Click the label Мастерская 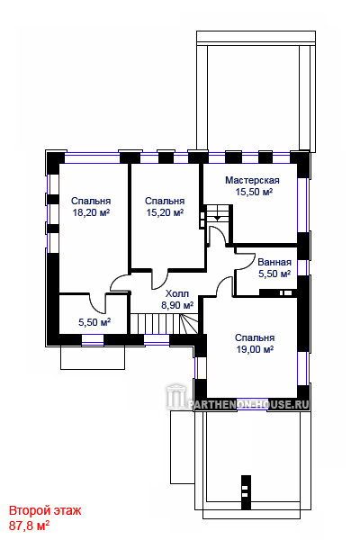coord(252,180)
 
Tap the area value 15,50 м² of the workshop coord(254,192)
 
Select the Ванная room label coord(274,262)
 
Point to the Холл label coord(177,293)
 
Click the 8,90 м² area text coord(177,305)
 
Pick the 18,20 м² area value coord(91,212)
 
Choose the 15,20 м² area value coord(165,212)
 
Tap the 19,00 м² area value coord(255,349)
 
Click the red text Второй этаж coord(45,510)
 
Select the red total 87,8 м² coord(29,526)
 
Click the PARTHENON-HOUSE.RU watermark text coord(248,404)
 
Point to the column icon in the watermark coord(176,397)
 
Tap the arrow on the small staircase coord(217,218)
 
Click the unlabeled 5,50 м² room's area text coord(94,322)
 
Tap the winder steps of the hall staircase coord(188,323)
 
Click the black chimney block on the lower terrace coord(246,492)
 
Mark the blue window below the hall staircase coord(157,339)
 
